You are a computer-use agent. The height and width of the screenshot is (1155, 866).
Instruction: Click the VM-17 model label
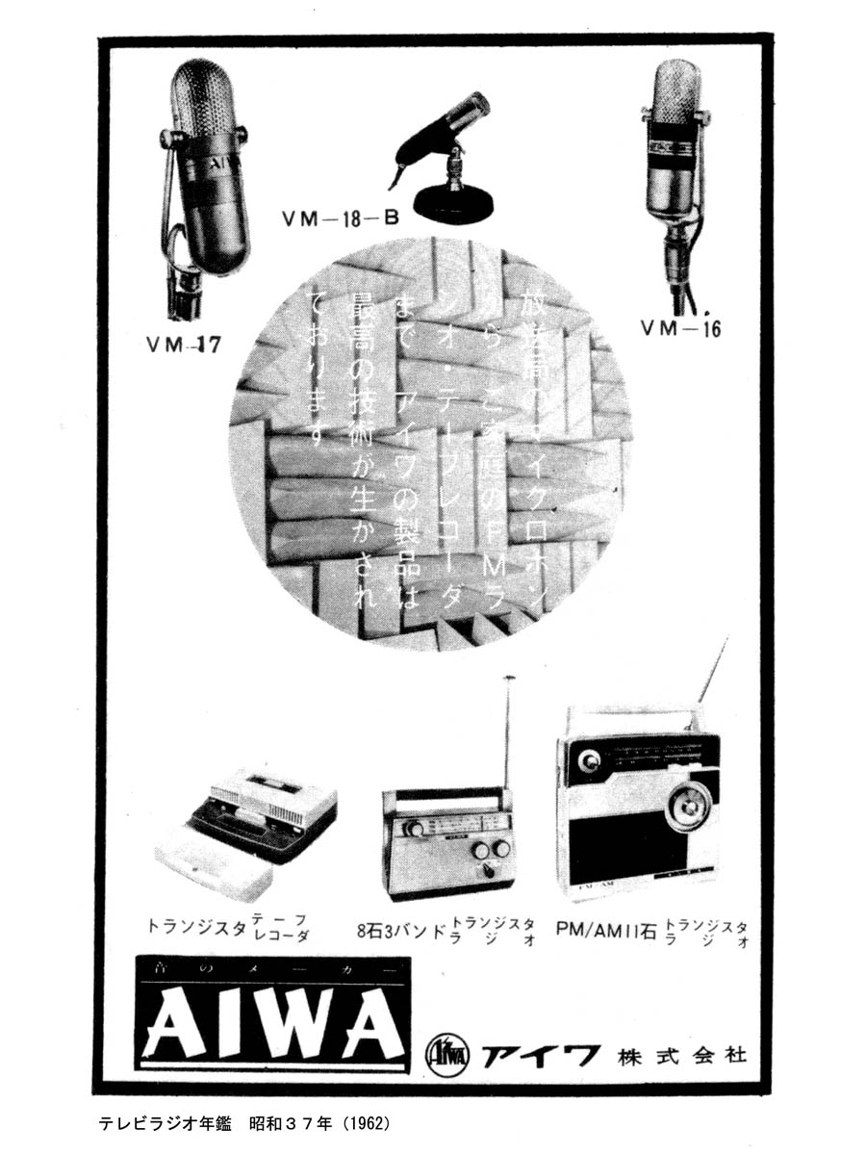183,345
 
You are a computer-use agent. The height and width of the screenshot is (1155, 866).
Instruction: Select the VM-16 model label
680,328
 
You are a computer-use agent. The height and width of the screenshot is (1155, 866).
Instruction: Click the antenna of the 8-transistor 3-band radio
509,731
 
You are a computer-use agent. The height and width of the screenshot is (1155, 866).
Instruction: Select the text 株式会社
683,1055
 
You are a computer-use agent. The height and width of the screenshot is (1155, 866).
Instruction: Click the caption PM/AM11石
606,930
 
